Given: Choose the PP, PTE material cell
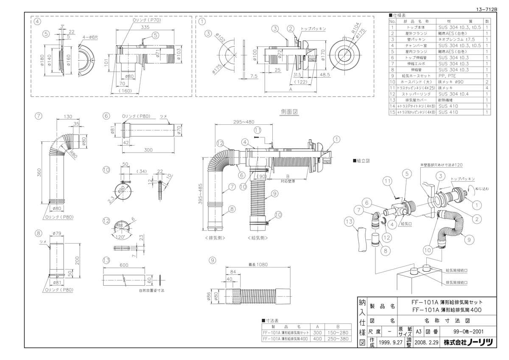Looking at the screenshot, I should (449, 75).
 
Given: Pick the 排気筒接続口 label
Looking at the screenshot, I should (456, 282).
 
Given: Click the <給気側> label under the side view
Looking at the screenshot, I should (257, 238).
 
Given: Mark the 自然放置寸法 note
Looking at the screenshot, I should (151, 290).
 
